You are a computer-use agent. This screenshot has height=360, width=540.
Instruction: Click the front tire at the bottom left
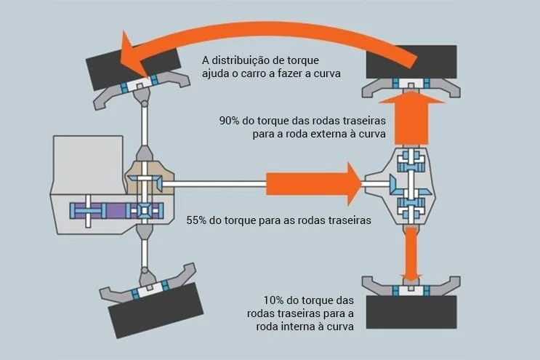[156, 310]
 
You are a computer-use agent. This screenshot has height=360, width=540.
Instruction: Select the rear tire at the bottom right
[411, 311]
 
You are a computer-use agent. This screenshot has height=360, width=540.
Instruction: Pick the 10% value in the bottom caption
[278, 300]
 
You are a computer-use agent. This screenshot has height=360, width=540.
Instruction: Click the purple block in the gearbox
[109, 211]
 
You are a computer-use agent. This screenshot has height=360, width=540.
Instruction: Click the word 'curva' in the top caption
[325, 73]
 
